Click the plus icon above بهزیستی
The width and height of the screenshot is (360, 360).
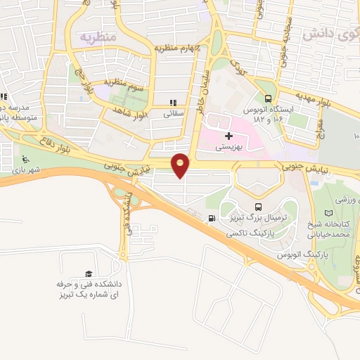tap(227, 136)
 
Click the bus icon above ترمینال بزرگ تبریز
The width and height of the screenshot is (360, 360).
tap(258, 207)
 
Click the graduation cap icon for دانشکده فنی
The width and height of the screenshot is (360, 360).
tap(89, 274)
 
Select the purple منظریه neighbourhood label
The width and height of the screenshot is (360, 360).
tap(96, 36)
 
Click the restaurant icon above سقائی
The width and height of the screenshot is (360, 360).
tap(173, 102)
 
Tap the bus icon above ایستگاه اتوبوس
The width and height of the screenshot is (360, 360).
tap(267, 99)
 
